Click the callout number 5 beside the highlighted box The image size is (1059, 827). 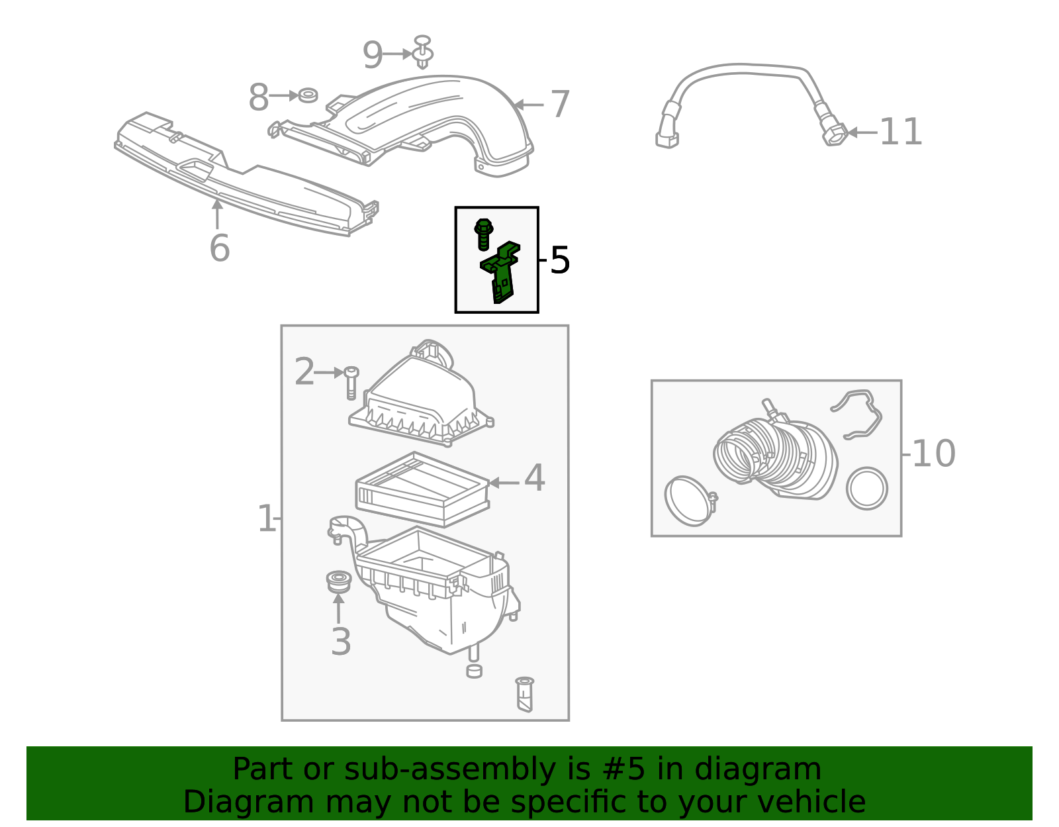tap(559, 260)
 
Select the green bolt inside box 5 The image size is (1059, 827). tap(483, 233)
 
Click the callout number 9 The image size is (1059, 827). tap(373, 55)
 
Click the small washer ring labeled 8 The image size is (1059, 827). tap(308, 95)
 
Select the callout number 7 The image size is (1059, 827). tap(560, 105)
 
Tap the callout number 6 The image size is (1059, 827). tap(219, 248)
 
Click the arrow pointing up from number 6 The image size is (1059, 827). tap(217, 213)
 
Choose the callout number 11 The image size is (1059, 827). tap(900, 132)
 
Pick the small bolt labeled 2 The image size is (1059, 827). tap(351, 383)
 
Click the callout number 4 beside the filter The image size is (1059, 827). tap(534, 478)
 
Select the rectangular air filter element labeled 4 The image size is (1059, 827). tap(422, 490)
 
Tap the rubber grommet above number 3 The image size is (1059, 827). tap(338, 581)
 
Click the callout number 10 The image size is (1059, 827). tap(933, 454)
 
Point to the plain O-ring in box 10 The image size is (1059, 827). tap(866, 489)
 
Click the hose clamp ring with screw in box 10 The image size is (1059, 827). tap(688, 501)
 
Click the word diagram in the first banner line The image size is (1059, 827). tap(771, 770)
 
